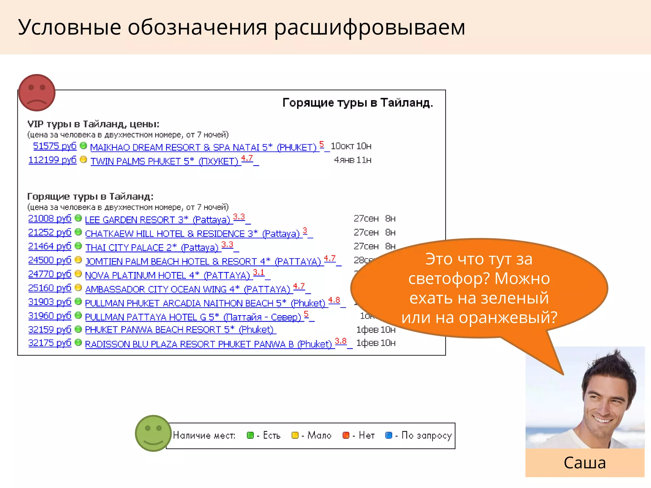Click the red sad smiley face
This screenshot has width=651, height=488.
click(37, 93)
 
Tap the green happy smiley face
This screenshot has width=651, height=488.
click(153, 433)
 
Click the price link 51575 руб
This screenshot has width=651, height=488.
click(55, 146)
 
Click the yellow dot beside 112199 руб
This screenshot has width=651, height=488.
click(83, 159)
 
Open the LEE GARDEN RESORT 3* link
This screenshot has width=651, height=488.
click(157, 220)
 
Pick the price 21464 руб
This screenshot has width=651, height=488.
click(50, 246)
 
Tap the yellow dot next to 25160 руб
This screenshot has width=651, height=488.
click(78, 288)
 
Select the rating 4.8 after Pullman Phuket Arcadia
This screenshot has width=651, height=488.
click(334, 300)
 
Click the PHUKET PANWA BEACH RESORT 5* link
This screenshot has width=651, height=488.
click(179, 329)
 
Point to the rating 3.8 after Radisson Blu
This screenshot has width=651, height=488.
click(340, 341)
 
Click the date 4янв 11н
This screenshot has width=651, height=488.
click(353, 160)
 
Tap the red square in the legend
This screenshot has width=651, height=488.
click(346, 435)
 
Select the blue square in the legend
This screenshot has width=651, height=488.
click(388, 435)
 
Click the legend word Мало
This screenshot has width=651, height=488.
click(319, 435)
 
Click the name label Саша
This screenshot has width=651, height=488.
click(585, 463)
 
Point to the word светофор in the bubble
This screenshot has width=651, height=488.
click(448, 279)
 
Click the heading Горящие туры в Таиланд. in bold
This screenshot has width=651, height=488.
click(358, 103)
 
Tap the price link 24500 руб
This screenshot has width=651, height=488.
click(50, 260)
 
